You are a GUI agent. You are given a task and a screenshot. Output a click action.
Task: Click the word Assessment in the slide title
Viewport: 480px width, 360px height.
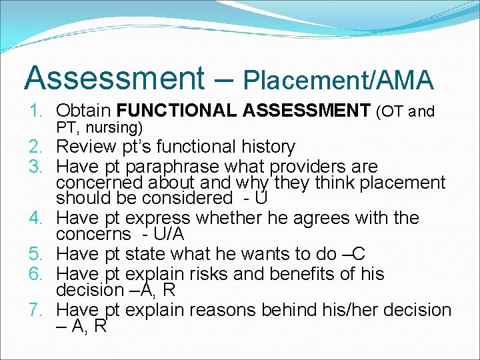coord(114,78)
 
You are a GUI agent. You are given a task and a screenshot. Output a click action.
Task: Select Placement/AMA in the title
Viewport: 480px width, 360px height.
coord(339,79)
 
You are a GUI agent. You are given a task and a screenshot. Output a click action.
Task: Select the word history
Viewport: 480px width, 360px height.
coord(264,147)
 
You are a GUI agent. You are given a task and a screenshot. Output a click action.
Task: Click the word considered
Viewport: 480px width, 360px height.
coord(191,198)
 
